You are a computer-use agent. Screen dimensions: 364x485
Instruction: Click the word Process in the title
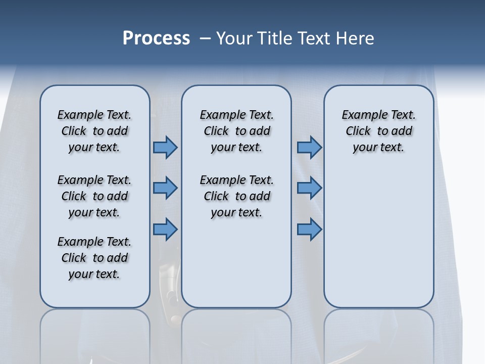tap(156, 38)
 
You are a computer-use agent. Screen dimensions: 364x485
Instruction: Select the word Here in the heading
tap(355, 38)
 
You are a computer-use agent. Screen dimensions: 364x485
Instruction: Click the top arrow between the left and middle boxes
tap(165, 147)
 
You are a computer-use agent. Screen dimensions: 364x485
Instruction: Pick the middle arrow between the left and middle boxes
tap(165, 188)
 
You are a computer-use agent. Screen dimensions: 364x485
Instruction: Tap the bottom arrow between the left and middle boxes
tap(165, 229)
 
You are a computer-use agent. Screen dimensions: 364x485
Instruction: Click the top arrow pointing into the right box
tap(309, 147)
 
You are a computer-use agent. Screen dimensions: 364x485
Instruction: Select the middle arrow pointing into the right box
tap(309, 188)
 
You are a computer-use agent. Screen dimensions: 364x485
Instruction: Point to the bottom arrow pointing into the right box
tap(309, 229)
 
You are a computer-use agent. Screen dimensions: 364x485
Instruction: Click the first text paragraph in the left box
tap(94, 131)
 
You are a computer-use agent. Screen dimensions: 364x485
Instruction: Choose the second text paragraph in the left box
tap(94, 196)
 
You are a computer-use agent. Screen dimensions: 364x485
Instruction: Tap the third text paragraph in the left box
tap(94, 258)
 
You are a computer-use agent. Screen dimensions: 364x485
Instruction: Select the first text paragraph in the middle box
tap(236, 131)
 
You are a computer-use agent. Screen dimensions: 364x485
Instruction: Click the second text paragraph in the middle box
tap(236, 196)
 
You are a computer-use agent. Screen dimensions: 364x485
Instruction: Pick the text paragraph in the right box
tap(379, 131)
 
